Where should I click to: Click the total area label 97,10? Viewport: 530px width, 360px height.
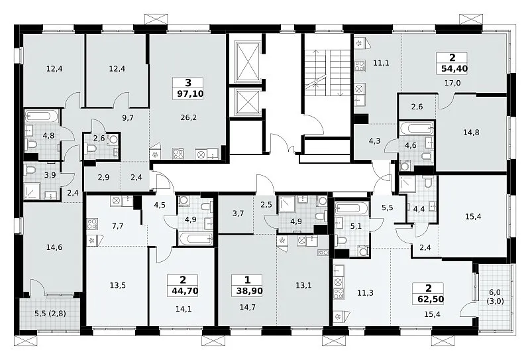(x=190, y=93)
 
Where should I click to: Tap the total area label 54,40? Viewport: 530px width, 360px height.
(x=454, y=69)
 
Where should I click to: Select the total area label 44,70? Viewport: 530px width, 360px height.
(x=184, y=290)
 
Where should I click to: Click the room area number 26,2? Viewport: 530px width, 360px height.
(x=189, y=117)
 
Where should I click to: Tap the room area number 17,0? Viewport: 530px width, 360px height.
(x=452, y=83)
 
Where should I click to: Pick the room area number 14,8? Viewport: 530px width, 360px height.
(x=471, y=133)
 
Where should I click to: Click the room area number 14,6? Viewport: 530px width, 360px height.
(x=54, y=247)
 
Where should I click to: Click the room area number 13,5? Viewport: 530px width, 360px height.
(x=118, y=285)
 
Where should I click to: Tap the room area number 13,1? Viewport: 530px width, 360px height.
(x=303, y=285)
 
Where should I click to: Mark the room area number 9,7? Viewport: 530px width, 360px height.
(x=128, y=117)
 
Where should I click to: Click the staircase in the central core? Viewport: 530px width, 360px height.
(x=327, y=70)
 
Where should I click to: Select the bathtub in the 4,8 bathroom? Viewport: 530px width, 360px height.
(x=42, y=117)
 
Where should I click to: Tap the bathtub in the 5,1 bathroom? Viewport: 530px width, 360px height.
(x=352, y=209)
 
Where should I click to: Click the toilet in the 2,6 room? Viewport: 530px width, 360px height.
(x=91, y=148)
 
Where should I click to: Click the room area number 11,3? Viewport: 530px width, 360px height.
(x=366, y=292)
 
